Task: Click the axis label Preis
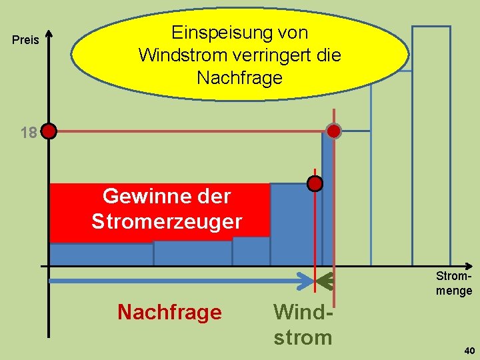[x=26, y=41]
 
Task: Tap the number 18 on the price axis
[x=28, y=133]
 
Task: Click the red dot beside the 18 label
[x=49, y=131]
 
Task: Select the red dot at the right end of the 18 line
[x=334, y=131]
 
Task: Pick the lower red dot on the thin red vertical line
[x=315, y=183]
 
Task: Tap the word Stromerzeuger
[x=167, y=221]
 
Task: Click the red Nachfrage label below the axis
[x=169, y=312]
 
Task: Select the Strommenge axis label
[x=454, y=283]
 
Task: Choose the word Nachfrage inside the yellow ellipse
[x=239, y=78]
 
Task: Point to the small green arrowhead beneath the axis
[x=325, y=283]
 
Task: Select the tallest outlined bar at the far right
[x=431, y=143]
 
